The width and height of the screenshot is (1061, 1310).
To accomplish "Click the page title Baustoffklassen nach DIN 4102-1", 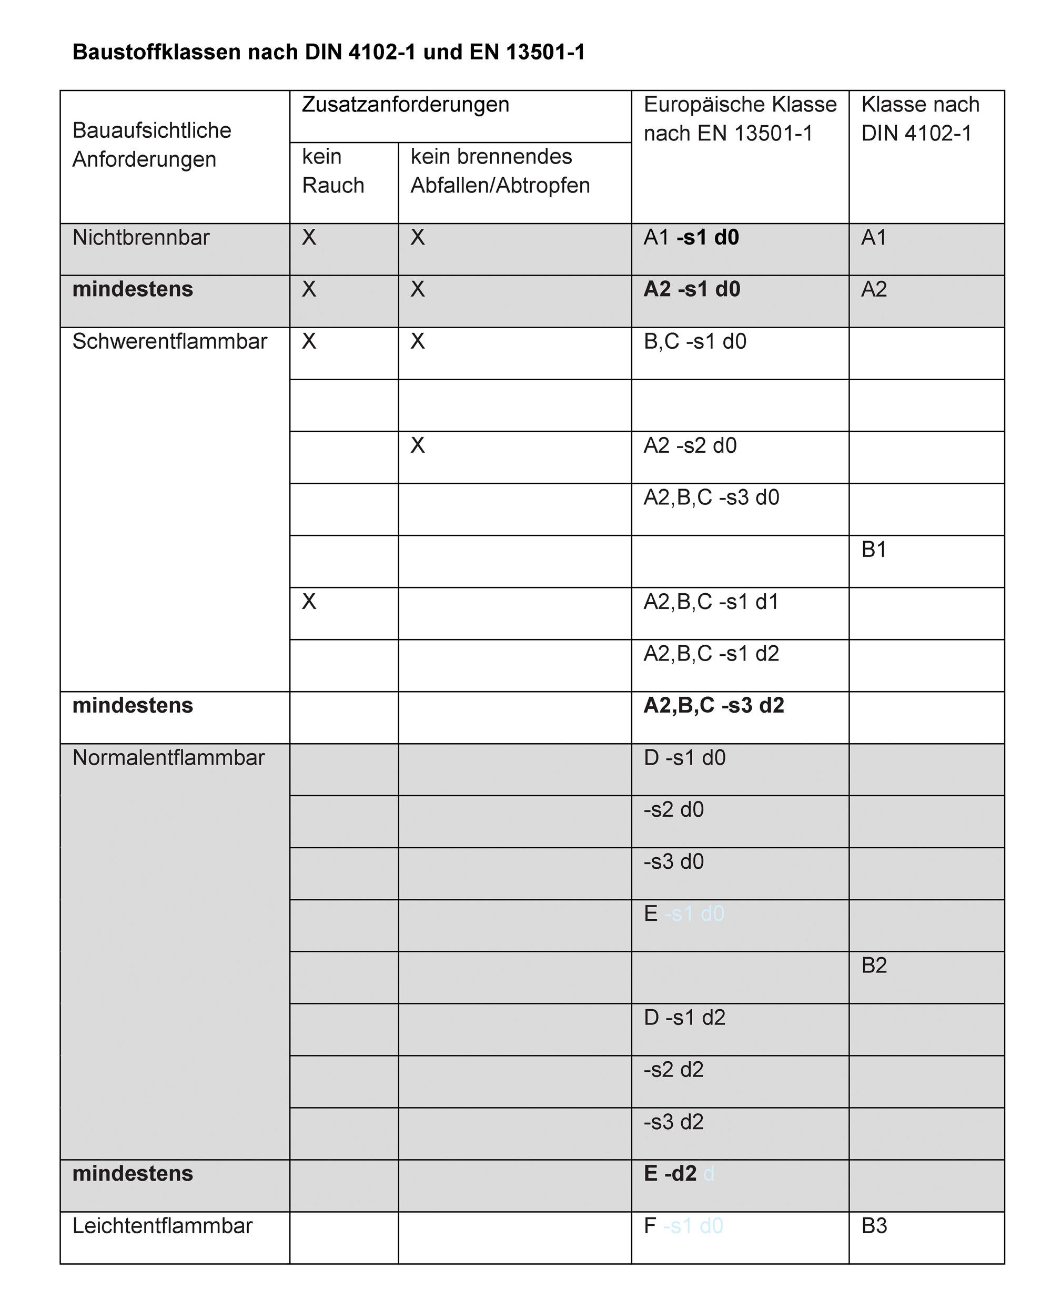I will click(x=328, y=53).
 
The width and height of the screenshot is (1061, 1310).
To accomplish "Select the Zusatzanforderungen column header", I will click(x=405, y=105).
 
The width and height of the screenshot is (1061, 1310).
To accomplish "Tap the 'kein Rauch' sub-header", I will click(x=332, y=171).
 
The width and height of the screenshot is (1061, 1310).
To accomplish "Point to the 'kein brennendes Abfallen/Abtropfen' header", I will click(x=500, y=171).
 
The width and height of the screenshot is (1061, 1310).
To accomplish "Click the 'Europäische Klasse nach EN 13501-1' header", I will click(x=740, y=119).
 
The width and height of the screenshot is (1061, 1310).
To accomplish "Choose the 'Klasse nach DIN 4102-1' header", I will click(x=920, y=119).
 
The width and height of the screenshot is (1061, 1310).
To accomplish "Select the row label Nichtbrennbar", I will click(x=140, y=238).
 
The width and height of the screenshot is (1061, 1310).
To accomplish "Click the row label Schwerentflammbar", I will click(x=169, y=341).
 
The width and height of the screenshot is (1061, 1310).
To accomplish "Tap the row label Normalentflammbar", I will click(x=168, y=758).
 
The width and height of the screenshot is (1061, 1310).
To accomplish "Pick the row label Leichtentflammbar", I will click(x=162, y=1226).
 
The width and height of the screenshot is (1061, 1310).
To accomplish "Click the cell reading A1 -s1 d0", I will click(x=691, y=238).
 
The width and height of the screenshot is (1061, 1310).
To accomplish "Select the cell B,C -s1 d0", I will click(x=695, y=341).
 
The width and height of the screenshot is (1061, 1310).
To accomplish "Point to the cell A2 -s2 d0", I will click(x=690, y=446).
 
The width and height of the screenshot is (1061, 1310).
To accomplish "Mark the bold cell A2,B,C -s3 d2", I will click(x=713, y=706).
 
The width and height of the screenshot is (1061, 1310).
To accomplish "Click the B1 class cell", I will click(x=873, y=550).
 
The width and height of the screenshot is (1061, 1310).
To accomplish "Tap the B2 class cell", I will click(x=873, y=966).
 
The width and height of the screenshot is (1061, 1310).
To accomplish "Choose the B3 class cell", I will click(x=873, y=1226).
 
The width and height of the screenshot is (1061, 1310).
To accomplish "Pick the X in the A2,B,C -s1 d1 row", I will click(x=309, y=602).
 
